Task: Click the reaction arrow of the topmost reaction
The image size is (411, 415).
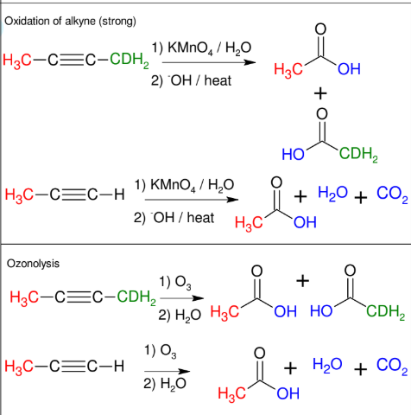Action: point(204,63)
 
